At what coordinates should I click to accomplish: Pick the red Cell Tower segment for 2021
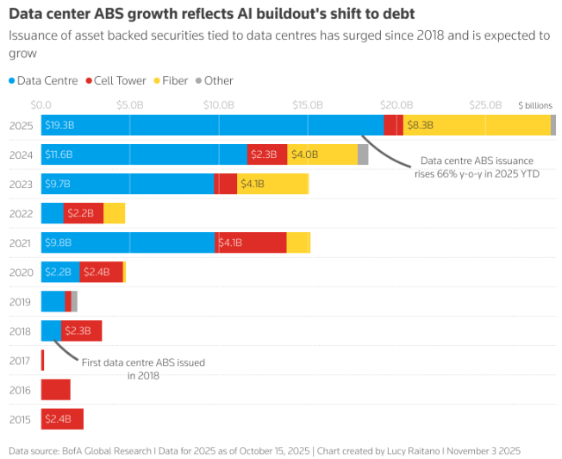pos(251,243)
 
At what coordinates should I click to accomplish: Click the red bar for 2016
pos(55,390)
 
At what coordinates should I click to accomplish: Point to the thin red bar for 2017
pos(42,361)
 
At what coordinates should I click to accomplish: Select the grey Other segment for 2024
pos(363,155)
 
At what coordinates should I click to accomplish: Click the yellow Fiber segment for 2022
pos(114,213)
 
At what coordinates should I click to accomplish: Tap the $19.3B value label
pos(59,125)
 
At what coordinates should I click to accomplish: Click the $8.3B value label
pos(420,125)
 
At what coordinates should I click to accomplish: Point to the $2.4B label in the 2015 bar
pos(58,419)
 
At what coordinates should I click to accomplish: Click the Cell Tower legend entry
pos(116,80)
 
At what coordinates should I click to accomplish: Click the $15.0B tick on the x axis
pos(308,104)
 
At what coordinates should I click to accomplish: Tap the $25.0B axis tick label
pos(485,104)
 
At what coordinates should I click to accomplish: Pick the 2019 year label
pos(21,302)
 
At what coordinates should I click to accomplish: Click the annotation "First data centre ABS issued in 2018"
pos(143,368)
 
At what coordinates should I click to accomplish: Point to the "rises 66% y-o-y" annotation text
pos(477,173)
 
